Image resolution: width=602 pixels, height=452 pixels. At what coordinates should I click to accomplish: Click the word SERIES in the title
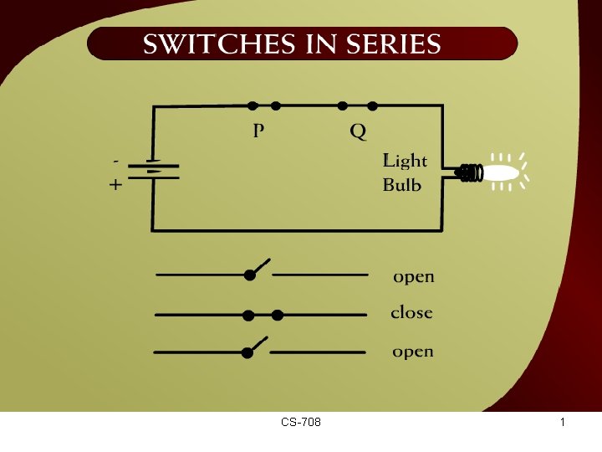click(389, 44)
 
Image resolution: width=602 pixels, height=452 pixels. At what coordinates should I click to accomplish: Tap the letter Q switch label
click(358, 131)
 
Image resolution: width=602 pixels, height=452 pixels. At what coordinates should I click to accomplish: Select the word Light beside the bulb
click(405, 161)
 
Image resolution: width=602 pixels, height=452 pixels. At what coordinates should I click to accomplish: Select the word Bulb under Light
click(401, 185)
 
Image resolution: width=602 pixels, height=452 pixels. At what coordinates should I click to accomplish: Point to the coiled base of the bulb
click(472, 173)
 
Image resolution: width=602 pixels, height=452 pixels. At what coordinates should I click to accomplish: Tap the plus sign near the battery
click(115, 185)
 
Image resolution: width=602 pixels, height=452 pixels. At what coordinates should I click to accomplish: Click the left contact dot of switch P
click(253, 105)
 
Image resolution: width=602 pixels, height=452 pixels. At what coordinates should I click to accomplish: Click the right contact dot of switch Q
click(373, 105)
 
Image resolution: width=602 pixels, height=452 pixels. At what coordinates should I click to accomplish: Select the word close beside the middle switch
click(411, 313)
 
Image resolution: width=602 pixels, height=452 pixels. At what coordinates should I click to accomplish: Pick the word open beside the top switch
click(414, 276)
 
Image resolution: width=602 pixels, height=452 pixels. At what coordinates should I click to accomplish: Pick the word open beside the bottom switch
click(413, 352)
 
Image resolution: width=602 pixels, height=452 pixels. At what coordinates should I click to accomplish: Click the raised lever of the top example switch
click(260, 266)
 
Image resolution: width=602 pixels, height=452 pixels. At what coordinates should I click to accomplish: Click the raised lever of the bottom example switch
click(258, 344)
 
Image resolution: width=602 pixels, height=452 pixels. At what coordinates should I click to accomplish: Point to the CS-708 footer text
click(301, 422)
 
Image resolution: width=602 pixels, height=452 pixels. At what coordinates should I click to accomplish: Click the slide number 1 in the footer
click(563, 422)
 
